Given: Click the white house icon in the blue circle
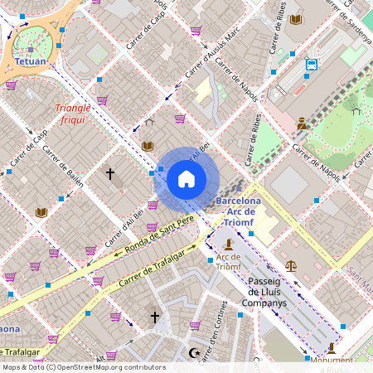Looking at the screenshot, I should (186, 179).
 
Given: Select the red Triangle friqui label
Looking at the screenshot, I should (72, 114).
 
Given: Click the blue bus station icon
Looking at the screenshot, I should (312, 64).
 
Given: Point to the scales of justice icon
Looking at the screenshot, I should (291, 266).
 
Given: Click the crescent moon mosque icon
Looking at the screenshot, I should (196, 354).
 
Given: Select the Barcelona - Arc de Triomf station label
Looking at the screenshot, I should (238, 206).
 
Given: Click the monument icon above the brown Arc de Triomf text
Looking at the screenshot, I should (227, 245).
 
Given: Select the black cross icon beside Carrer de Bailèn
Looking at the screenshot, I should (109, 174).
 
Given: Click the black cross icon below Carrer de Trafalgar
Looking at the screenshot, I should (153, 317).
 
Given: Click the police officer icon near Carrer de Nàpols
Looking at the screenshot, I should (303, 124).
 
